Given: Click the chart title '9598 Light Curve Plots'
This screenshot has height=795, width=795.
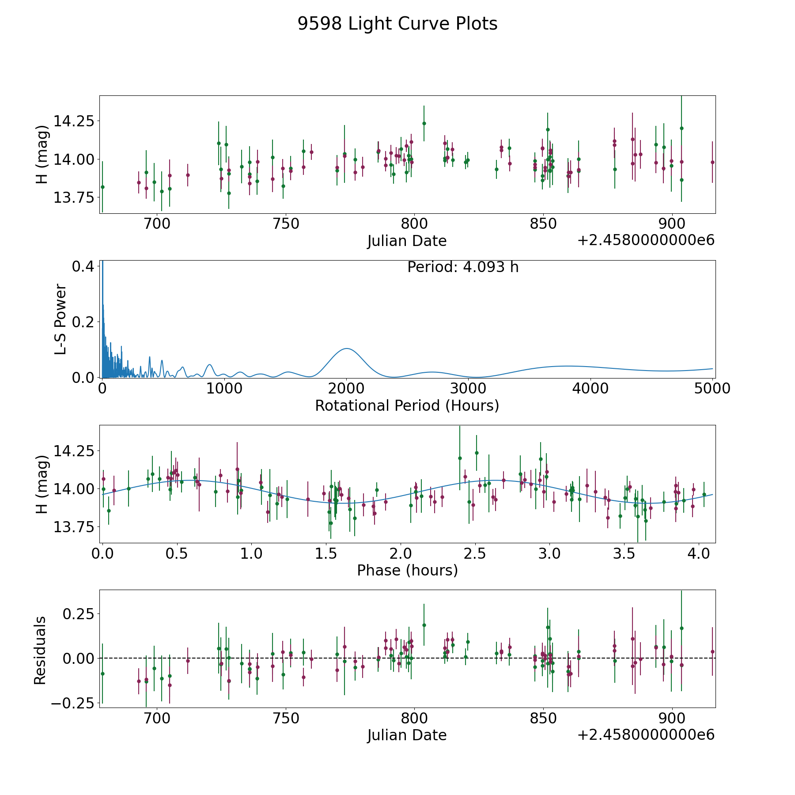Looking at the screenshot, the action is [397, 24].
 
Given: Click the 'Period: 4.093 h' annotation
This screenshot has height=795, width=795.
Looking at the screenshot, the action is [463, 267].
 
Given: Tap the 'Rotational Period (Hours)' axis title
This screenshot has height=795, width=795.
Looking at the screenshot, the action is [407, 405].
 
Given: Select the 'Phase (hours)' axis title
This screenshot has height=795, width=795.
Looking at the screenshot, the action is [407, 570].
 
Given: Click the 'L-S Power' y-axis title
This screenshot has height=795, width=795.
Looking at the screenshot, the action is [61, 319].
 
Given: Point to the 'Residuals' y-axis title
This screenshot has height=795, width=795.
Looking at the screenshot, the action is [40, 650].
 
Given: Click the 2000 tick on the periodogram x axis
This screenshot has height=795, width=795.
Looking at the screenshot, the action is [346, 388].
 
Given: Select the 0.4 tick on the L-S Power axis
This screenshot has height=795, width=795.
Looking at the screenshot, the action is [83, 266].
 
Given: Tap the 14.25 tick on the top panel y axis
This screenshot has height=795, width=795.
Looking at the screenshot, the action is [74, 121].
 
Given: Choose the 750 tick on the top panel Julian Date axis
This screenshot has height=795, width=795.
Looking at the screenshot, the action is [286, 223].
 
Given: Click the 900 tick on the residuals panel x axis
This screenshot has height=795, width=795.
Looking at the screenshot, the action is [672, 718].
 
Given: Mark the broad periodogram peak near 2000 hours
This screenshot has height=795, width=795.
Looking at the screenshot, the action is [346, 348].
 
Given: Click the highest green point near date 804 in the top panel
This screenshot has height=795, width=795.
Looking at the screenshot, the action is [424, 123].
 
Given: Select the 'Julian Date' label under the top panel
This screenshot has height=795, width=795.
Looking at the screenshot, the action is [407, 241].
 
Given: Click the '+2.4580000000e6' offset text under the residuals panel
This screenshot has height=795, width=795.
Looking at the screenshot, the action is [646, 734].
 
